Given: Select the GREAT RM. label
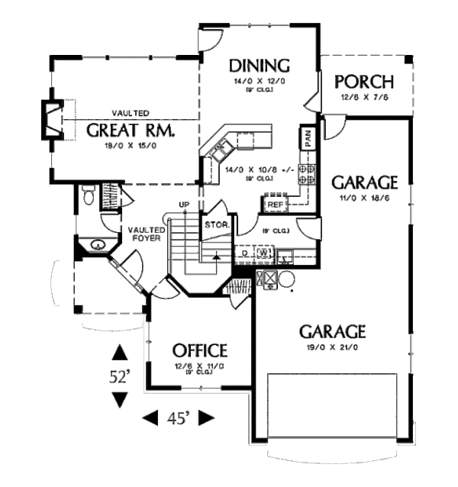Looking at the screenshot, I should pyautogui.click(x=131, y=130).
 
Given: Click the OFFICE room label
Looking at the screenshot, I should pyautogui.click(x=199, y=351).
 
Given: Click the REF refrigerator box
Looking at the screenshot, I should pyautogui.click(x=276, y=205).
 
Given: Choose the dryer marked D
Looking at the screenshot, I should pyautogui.click(x=244, y=251).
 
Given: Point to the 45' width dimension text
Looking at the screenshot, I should pyautogui.click(x=178, y=418).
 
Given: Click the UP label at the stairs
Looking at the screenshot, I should pyautogui.click(x=183, y=205).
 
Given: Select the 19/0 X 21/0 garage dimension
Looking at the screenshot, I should pyautogui.click(x=332, y=347).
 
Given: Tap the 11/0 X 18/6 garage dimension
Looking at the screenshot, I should pyautogui.click(x=364, y=198).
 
